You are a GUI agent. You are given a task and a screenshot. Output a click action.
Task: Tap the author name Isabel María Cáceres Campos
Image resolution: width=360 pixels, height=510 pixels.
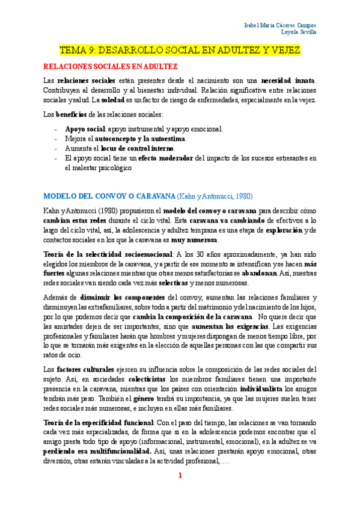click(281, 25)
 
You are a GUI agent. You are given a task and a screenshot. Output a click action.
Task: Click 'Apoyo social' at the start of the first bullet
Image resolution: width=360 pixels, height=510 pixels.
click(85, 129)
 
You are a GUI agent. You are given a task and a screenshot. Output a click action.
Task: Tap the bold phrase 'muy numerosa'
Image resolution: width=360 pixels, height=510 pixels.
click(192, 239)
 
